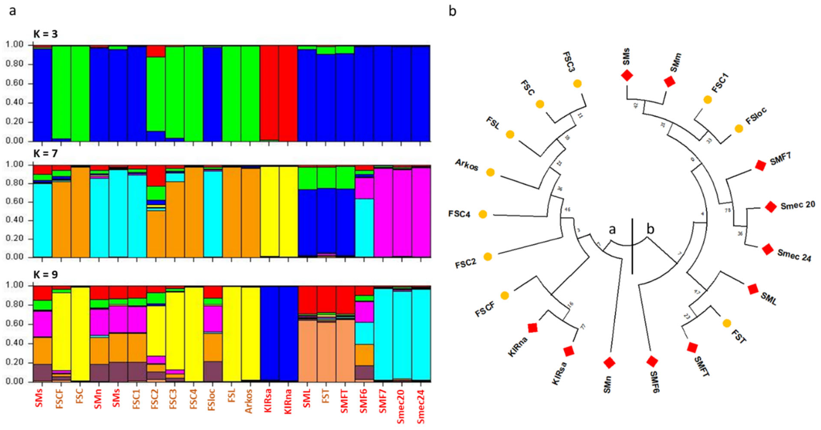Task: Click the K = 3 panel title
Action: pos(46,33)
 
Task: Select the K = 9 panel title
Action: pos(46,274)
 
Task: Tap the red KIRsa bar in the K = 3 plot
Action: pos(269,92)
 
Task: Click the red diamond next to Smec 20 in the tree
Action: pos(771,207)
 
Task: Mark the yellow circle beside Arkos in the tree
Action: pos(490,172)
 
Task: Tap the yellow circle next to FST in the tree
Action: pos(727,323)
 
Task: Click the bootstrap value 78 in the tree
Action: pos(728,210)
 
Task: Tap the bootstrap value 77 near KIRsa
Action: pos(583,327)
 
